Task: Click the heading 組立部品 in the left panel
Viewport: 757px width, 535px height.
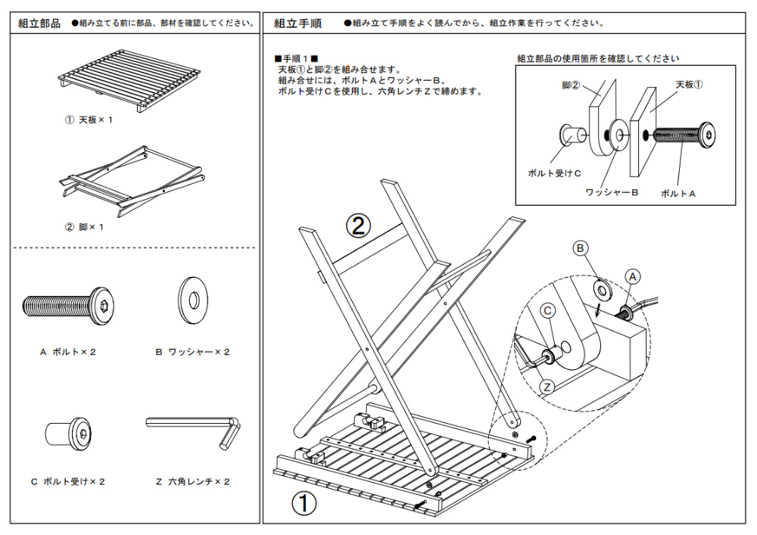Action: tap(39, 23)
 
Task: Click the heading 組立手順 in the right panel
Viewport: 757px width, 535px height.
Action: tap(298, 23)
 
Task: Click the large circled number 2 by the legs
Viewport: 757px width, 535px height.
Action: tap(359, 225)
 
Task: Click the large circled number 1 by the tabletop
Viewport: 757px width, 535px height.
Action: tap(304, 502)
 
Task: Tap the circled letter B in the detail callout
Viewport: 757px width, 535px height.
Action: tap(580, 247)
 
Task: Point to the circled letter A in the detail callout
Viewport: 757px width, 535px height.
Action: tap(634, 277)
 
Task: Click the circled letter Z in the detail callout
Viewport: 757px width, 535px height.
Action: tap(548, 387)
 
